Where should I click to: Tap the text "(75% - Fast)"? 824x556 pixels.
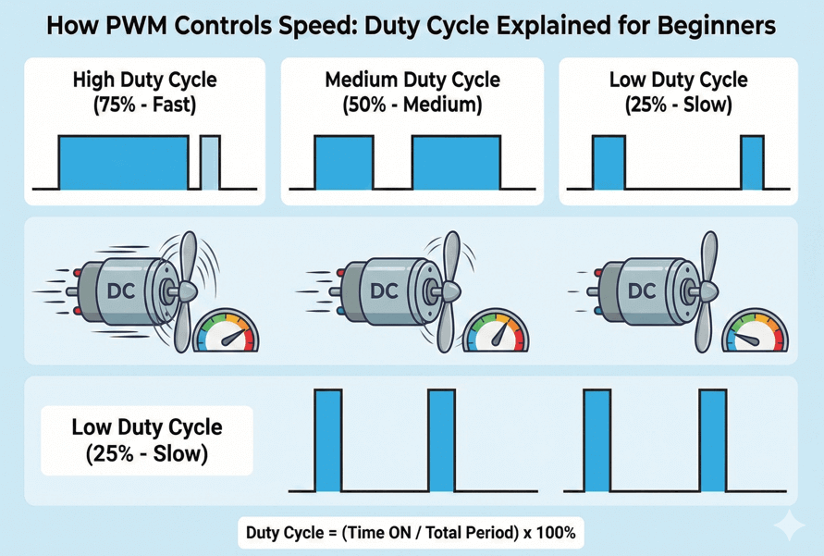tap(144, 105)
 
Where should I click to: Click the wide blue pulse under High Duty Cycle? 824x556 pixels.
tap(123, 162)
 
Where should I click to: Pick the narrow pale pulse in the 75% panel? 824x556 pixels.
tap(211, 162)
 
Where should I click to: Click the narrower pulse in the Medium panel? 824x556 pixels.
tap(343, 162)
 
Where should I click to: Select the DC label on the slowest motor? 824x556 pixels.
tap(641, 290)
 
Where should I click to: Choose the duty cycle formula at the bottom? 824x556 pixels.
tap(411, 533)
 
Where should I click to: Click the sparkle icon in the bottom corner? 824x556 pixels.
tap(791, 525)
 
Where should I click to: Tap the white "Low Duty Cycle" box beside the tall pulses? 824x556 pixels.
tap(147, 440)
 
